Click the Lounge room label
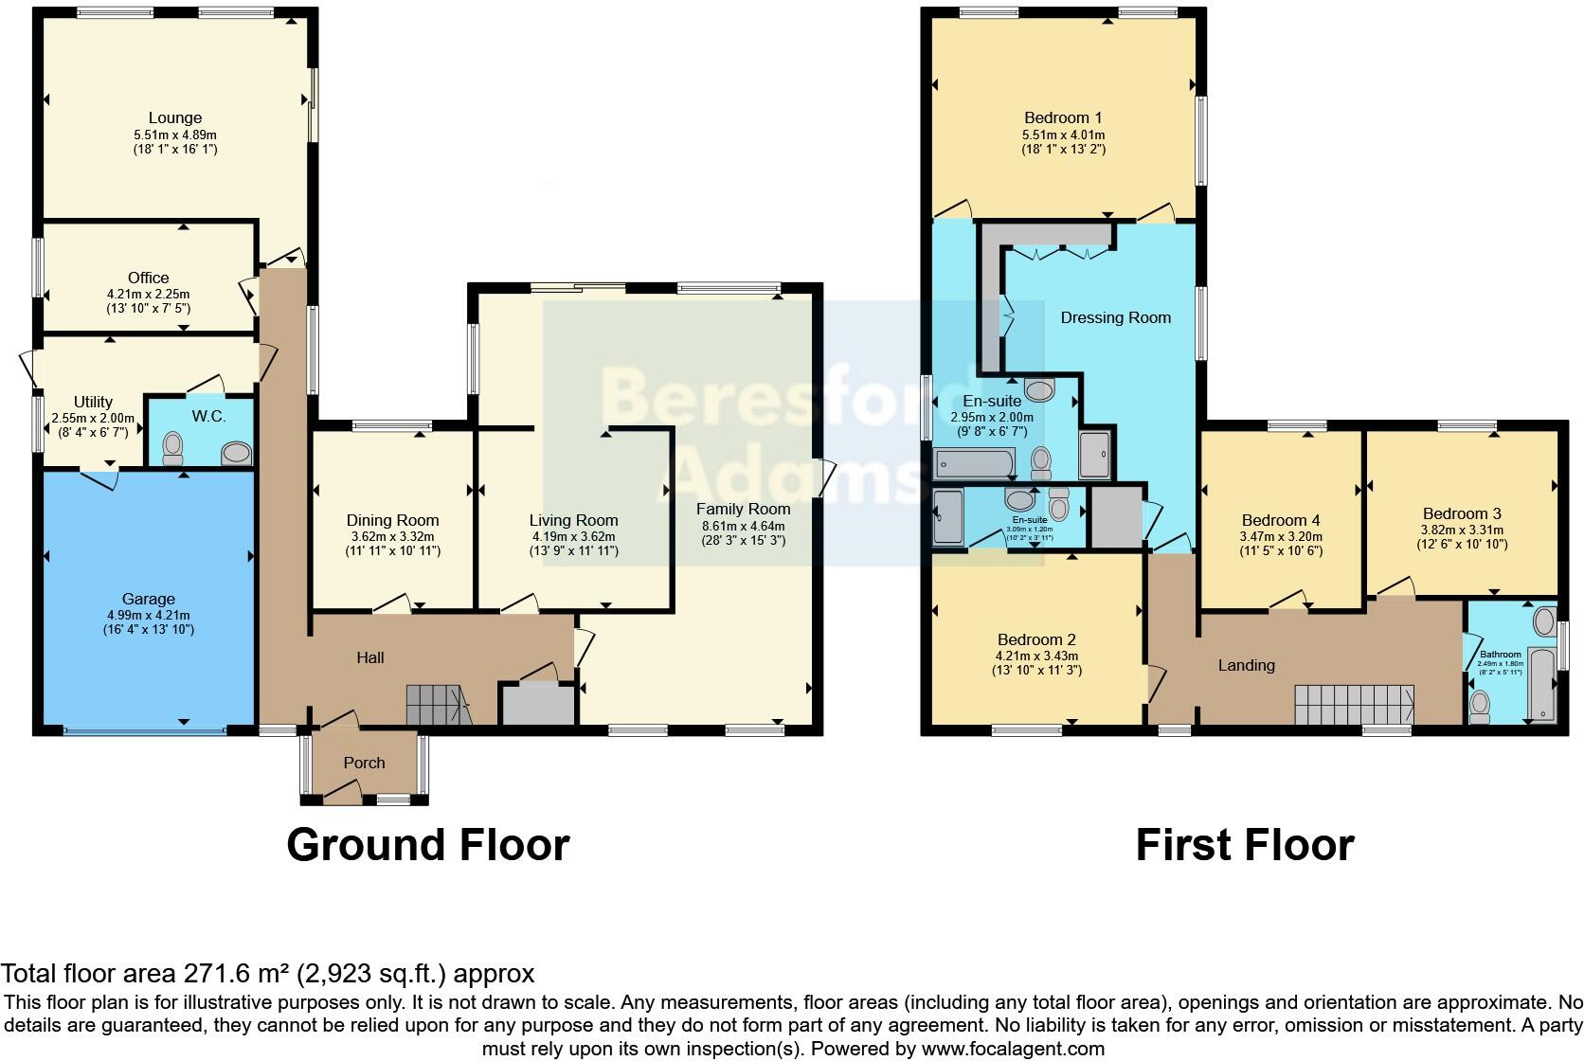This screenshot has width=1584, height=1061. point(175,118)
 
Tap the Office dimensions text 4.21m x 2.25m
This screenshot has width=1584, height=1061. point(148,294)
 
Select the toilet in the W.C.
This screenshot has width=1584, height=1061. point(173,448)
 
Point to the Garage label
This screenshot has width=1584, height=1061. point(149,599)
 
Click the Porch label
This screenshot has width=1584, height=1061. point(364,763)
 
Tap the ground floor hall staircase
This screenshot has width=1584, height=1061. point(438,706)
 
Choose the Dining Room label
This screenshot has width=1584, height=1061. point(392,520)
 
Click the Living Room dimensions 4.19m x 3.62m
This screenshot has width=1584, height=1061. point(573,536)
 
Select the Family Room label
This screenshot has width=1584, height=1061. point(743,510)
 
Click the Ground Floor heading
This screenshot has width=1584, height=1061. point(427,844)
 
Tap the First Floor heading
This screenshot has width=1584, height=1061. point(1244,844)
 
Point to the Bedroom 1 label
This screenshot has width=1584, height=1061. point(1063,118)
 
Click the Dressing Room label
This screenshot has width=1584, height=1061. point(1115,317)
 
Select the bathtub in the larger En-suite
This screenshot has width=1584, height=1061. point(975,464)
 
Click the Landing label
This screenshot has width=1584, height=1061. point(1246,665)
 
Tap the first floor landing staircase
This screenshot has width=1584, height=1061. point(1354,705)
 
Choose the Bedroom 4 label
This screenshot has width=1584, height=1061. point(1281,520)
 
